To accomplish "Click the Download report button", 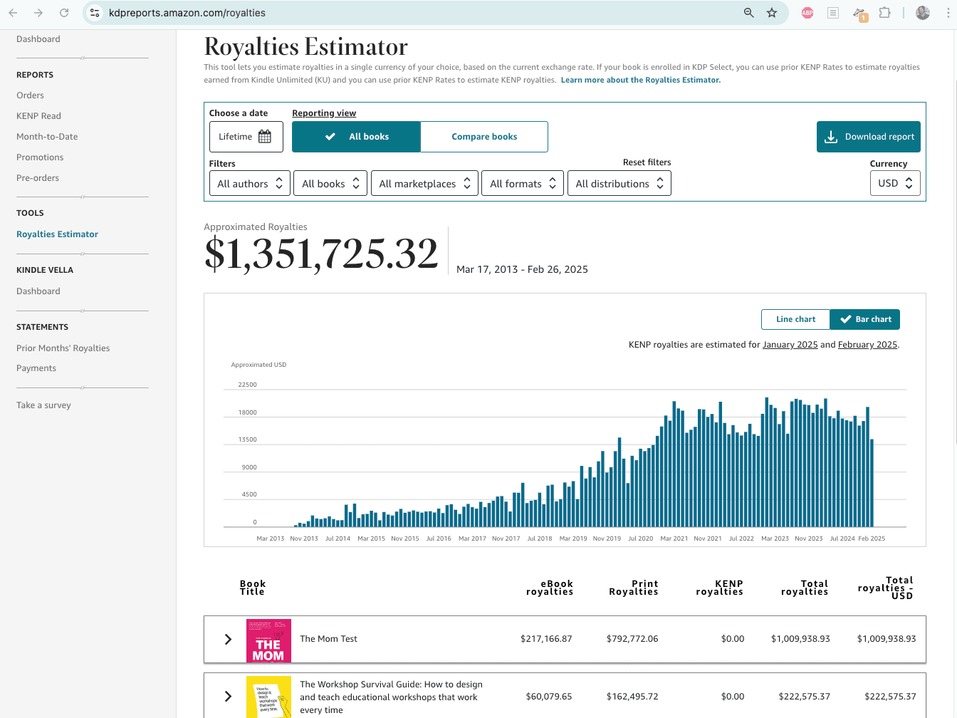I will [x=868, y=137].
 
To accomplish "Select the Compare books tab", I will [x=484, y=137].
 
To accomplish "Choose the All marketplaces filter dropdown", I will [x=424, y=184].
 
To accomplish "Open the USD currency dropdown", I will [x=894, y=183].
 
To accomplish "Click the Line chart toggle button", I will [x=795, y=319].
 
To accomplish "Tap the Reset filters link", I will [x=647, y=162].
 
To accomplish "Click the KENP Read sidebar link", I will [x=38, y=116].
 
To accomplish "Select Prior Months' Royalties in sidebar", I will [x=63, y=348].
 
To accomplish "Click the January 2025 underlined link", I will [x=790, y=345].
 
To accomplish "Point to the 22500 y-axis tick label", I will [x=247, y=385].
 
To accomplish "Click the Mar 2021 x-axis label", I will [x=674, y=538].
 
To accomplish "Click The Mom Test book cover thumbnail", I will [x=268, y=640].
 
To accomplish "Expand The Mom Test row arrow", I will [x=228, y=639].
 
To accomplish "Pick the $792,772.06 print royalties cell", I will [x=632, y=639].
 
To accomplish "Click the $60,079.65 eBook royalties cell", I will [x=548, y=697].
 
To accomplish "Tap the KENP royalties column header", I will [x=719, y=588].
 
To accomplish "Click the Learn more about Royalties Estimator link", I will [x=640, y=80].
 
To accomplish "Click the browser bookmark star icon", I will [x=772, y=13].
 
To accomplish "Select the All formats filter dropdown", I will [x=522, y=184].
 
